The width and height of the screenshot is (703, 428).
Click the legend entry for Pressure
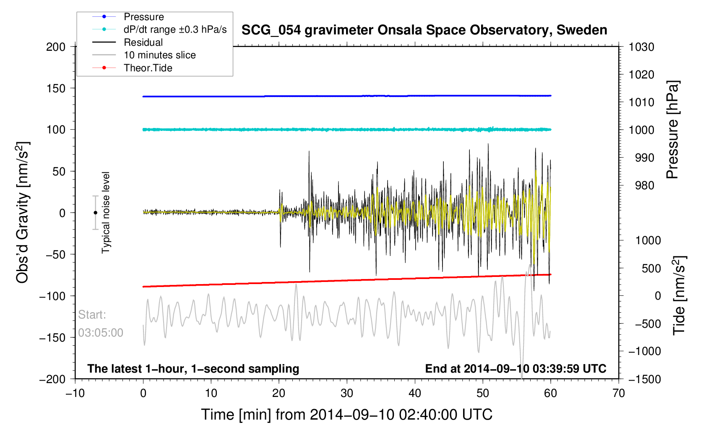143,17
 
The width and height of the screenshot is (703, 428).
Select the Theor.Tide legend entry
148,68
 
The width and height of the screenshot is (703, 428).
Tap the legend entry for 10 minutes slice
159,55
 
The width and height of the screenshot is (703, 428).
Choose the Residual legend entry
143,42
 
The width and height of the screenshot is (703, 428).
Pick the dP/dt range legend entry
175,29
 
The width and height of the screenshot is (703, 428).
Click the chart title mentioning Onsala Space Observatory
424,30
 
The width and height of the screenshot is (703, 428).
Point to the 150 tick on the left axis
56,88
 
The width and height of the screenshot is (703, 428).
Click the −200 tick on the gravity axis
52,379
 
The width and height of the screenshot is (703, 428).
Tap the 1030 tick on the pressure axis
641,47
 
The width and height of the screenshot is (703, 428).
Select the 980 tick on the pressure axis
641,185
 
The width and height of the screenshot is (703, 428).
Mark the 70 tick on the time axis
619,393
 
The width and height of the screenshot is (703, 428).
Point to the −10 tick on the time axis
75,393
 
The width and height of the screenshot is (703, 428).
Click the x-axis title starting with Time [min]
346,415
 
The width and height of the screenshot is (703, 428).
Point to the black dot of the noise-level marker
95,213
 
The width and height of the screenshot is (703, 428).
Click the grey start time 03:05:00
101,333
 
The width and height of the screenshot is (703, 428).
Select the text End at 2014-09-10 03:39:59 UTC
516,369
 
